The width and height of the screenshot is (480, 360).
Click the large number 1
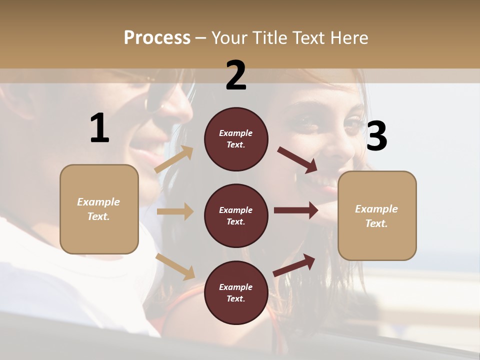tap(99, 128)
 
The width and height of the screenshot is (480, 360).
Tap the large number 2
tap(236, 75)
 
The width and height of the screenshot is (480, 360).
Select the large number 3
tap(376, 136)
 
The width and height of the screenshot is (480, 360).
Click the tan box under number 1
tap(99, 209)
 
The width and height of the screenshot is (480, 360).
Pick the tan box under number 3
tap(377, 215)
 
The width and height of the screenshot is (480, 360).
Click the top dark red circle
tap(236, 139)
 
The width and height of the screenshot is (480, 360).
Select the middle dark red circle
tap(236, 215)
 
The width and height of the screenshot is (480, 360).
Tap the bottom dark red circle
tap(236, 292)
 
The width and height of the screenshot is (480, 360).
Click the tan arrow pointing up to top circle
tap(174, 159)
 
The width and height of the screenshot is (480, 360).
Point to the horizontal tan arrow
tap(175, 211)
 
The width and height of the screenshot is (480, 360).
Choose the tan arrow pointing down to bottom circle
tap(175, 266)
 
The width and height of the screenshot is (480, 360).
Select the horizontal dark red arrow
tap(296, 210)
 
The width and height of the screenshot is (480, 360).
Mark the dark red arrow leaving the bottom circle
tap(294, 265)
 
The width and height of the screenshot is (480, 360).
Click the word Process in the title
tap(157, 37)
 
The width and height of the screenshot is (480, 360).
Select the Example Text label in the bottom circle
tap(236, 292)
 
